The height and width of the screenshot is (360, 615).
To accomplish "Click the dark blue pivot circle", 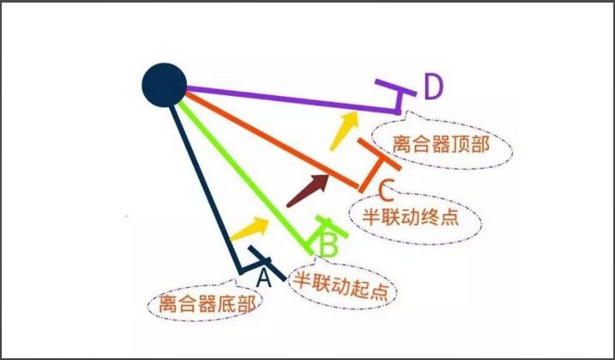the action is coord(164,85).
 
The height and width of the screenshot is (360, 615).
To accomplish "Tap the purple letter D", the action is coord(433,87).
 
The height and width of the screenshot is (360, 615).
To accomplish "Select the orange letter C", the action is coord(385,189).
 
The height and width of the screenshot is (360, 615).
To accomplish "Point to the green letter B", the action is coord(329,245).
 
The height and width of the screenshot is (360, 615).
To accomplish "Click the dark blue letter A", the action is coord(263,278).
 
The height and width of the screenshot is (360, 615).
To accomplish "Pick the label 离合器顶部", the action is coord(441,144).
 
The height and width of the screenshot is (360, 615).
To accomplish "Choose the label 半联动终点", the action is coord(410,216).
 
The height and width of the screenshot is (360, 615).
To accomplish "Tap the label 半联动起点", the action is coord(341,286).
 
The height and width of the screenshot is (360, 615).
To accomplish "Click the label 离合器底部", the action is coord(207,303).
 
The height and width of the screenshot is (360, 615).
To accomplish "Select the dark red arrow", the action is coord(308,190).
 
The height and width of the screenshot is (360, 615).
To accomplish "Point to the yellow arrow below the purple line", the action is coord(344,130).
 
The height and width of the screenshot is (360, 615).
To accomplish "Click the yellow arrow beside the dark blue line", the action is coord(250,229).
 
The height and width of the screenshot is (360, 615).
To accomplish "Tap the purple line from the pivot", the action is coord(292,99).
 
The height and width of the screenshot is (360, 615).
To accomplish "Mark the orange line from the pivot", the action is coord(271,141).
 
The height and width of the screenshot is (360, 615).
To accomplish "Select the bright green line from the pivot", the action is coord(245,177).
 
